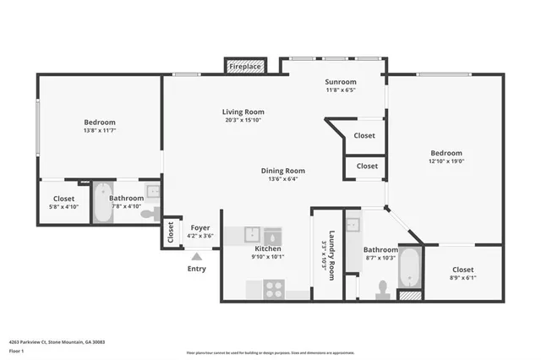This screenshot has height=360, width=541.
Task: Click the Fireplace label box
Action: pos(246,66)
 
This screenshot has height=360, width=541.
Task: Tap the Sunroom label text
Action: pos(341,83)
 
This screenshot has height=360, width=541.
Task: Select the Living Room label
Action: pos(243,112)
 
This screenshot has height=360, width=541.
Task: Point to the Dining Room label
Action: pos(282,170)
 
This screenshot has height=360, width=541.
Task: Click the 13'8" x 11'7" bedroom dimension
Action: pos(99,131)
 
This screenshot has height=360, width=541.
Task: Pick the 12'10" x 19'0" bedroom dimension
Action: pos(447,161)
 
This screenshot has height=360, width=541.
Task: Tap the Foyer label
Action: pos(200,227)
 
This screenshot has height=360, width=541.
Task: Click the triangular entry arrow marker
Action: pos(197,256)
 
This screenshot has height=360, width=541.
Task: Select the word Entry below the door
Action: pos(196,269)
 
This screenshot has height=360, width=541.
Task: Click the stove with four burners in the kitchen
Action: pos(274,289)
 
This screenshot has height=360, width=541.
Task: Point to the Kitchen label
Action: pos(268,249)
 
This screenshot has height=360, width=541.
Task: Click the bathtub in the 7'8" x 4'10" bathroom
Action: pos(101,204)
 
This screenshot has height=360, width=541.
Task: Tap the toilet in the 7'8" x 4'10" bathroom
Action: pos(149,214)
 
